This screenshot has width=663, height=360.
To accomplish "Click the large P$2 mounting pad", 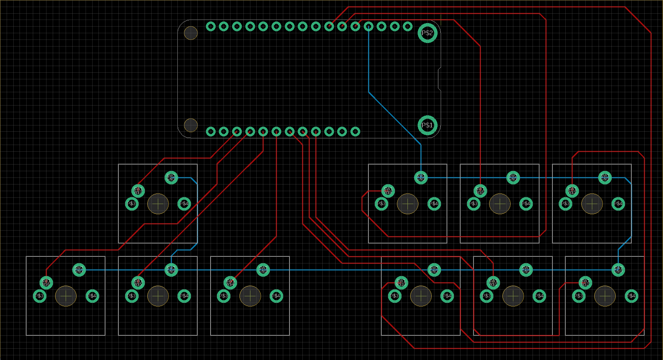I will (427, 33).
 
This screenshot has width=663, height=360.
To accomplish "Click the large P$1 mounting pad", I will (427, 125).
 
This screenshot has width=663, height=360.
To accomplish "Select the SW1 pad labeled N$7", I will (138, 191).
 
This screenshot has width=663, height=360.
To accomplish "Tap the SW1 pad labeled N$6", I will (46, 283).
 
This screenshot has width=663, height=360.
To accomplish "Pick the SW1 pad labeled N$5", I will (138, 283).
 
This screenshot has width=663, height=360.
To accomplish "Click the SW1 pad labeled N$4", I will (230, 283).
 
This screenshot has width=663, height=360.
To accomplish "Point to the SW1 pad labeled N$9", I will (388, 191).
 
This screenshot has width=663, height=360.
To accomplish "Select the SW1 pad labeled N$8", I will (480, 191).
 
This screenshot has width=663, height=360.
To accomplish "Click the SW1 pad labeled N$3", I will (572, 191).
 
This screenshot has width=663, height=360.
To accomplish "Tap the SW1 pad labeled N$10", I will (401, 283).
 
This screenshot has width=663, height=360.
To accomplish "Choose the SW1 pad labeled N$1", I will (493, 283).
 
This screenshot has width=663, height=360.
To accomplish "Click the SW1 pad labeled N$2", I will (585, 283).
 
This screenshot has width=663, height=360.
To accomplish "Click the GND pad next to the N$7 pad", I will (171, 177).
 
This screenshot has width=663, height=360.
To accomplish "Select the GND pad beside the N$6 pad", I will (79, 270).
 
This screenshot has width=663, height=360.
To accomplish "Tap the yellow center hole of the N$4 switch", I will (250, 296).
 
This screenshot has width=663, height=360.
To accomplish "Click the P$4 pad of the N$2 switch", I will (631, 296).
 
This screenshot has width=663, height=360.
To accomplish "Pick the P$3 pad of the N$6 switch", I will (39, 296).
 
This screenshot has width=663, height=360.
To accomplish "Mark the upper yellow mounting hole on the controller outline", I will (191, 33).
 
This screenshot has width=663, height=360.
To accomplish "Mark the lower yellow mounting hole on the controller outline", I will (191, 125).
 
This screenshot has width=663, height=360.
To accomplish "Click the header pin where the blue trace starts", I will (368, 26).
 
